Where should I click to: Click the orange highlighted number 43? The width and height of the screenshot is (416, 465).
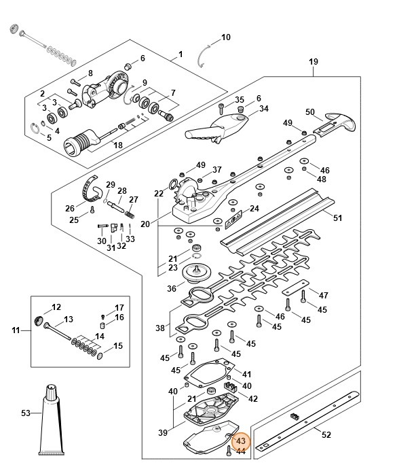(241, 441)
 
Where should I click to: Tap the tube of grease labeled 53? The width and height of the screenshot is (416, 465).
(52, 420)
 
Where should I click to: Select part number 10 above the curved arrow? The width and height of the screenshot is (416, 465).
(225, 37)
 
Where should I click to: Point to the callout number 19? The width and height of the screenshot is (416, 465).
(314, 62)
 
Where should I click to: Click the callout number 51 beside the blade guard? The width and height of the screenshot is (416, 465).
(337, 218)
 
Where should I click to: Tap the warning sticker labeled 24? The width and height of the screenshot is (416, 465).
(233, 220)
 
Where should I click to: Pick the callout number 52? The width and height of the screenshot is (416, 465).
(326, 435)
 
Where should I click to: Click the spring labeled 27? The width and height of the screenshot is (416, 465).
(129, 214)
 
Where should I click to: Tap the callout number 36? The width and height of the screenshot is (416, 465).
(172, 288)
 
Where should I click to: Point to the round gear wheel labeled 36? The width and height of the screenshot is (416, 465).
(196, 273)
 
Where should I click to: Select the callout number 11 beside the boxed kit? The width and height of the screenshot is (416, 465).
(16, 330)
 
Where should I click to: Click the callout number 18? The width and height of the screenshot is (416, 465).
(118, 145)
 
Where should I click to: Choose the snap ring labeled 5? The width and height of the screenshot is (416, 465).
(35, 128)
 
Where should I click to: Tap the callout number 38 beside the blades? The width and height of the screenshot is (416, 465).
(160, 328)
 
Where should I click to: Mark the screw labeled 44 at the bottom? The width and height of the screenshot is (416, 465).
(229, 451)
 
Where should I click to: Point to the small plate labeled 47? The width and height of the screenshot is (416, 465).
(295, 288)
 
